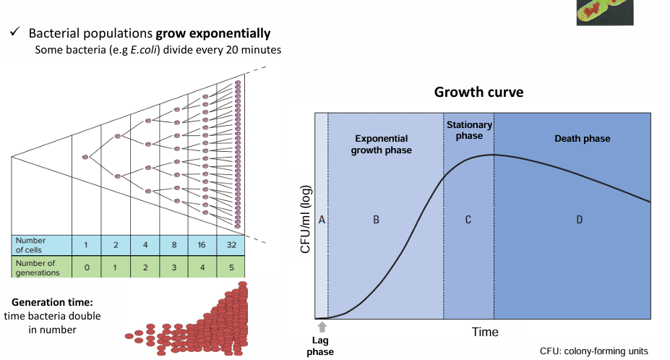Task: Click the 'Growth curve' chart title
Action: [478, 93]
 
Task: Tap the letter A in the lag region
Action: [322, 220]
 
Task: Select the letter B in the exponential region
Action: [376, 220]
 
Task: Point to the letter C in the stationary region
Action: [468, 220]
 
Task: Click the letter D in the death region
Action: [579, 220]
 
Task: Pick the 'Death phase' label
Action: [582, 139]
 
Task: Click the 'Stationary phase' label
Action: [469, 130]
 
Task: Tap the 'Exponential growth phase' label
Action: [381, 145]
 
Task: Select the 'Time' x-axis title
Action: [485, 332]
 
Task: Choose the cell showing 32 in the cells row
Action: [229, 244]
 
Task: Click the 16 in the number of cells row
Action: [202, 244]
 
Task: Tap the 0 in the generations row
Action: [86, 267]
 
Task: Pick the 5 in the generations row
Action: [229, 267]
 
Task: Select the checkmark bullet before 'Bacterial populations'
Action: [14, 34]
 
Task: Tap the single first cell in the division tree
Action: [86, 156]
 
